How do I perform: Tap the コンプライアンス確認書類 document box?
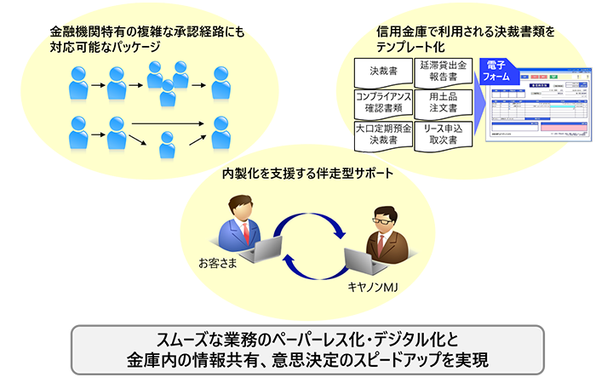tap(382, 102)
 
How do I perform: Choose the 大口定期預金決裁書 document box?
tap(382, 134)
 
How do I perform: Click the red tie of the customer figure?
tap(245, 232)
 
